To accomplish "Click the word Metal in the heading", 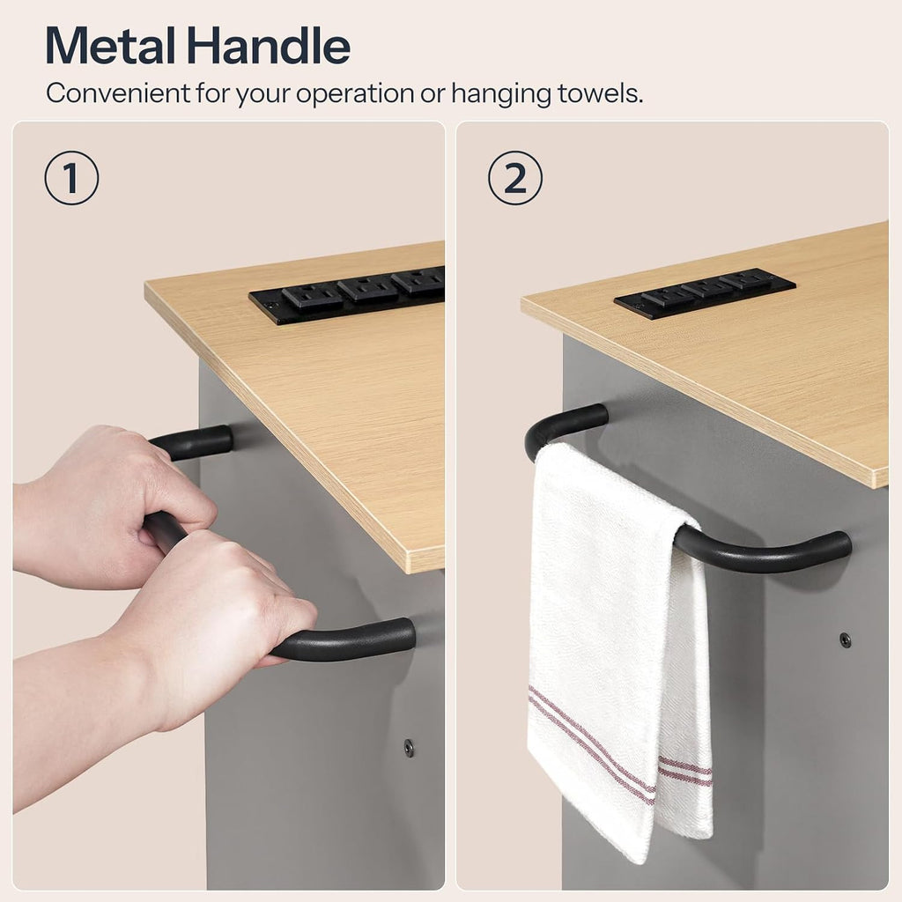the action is click(110, 46).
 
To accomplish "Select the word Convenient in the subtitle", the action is click(118, 92).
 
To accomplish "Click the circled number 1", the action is click(71, 178).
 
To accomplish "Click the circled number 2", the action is click(514, 178).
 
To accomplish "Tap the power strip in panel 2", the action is click(705, 292).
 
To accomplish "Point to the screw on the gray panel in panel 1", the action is click(409, 747).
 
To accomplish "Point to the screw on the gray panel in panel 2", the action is click(845, 640).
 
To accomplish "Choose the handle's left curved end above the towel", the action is click(552, 425).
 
